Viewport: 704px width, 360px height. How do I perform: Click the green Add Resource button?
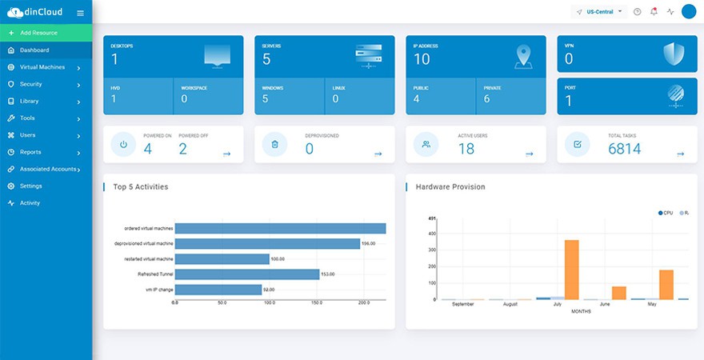[x=46, y=33]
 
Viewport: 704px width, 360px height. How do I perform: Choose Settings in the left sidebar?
[x=30, y=186]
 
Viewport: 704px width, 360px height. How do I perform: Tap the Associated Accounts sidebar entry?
[x=48, y=169]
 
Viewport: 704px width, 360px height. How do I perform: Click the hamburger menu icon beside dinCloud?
[x=80, y=13]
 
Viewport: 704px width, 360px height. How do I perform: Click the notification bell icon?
[x=654, y=12]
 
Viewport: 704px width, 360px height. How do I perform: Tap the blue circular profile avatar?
[x=689, y=12]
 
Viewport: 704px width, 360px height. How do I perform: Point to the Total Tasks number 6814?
[x=624, y=148]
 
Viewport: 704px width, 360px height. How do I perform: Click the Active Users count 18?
[x=466, y=148]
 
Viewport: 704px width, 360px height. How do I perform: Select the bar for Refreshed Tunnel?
[x=246, y=274]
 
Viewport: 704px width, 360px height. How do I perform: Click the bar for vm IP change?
[x=218, y=290]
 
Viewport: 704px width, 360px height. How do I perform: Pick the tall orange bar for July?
[x=571, y=270]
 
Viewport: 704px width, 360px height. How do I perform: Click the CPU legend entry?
[x=666, y=213]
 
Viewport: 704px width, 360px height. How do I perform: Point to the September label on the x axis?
[x=463, y=305]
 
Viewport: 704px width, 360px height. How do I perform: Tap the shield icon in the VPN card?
[x=674, y=54]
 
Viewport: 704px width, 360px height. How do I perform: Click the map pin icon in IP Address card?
[x=523, y=56]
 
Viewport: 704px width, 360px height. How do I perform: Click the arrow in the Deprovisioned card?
[x=378, y=154]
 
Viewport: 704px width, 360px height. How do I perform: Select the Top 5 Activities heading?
[x=140, y=186]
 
